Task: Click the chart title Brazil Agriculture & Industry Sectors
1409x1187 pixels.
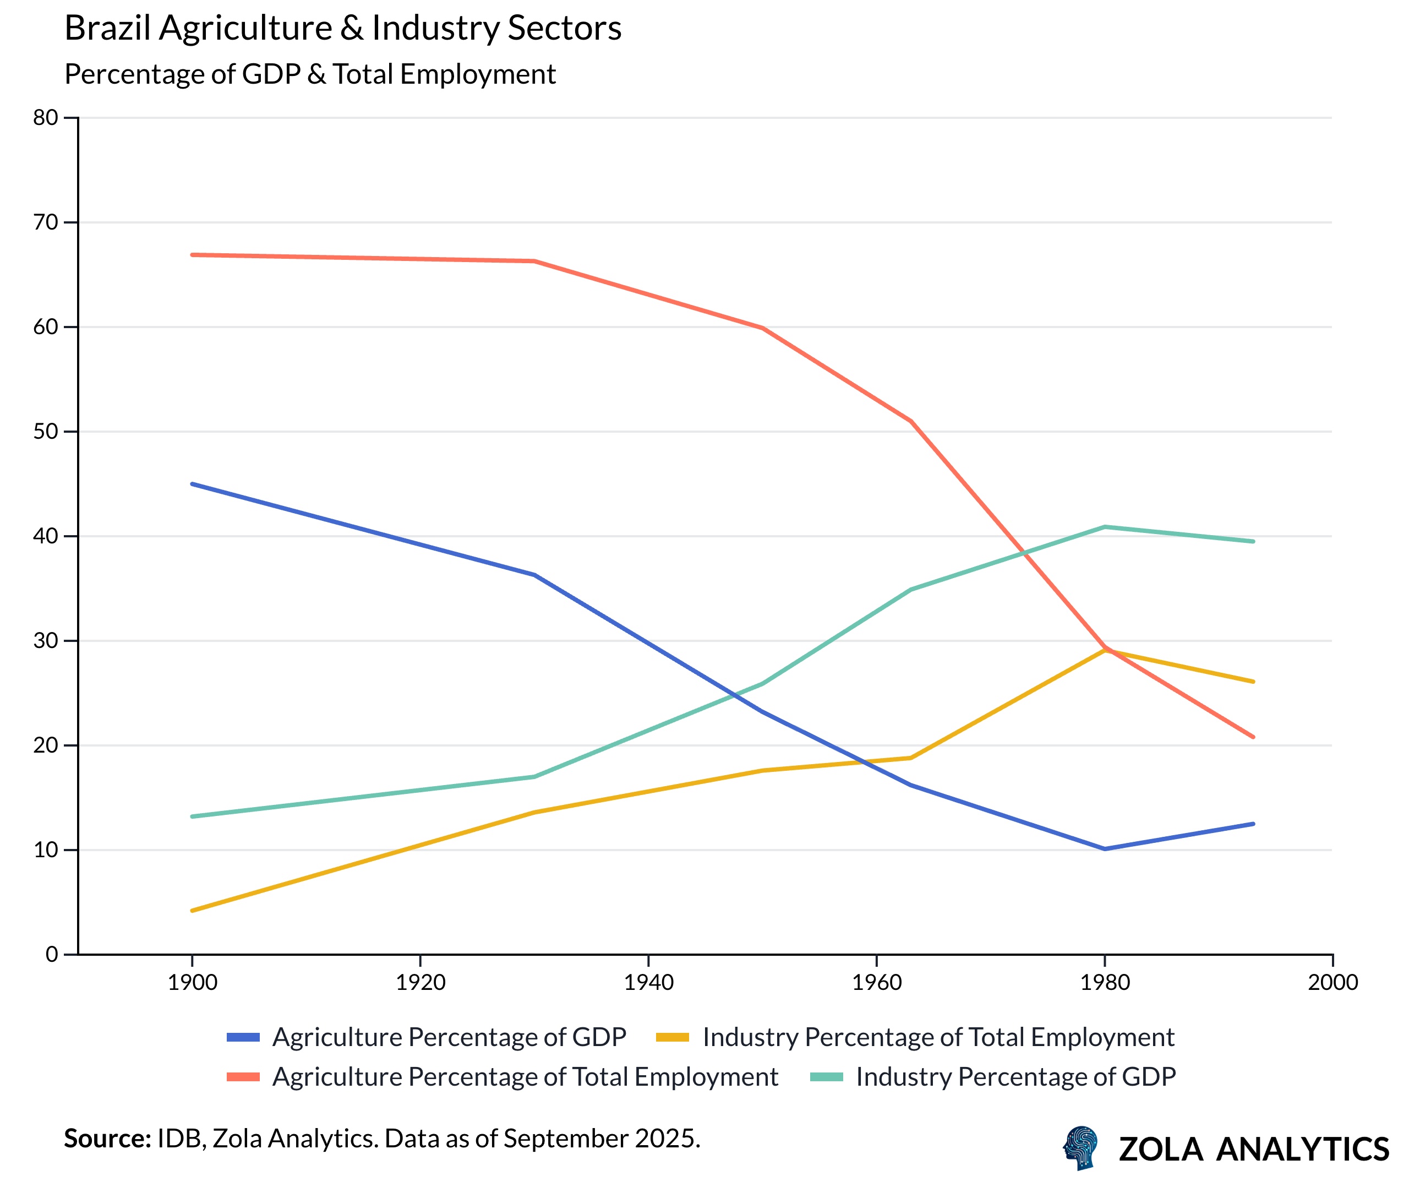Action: pyautogui.click(x=342, y=28)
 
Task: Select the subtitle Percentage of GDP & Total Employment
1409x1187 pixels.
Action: pyautogui.click(x=309, y=74)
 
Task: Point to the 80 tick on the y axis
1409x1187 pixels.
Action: pyautogui.click(x=46, y=118)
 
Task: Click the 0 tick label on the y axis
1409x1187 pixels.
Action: pyautogui.click(x=52, y=954)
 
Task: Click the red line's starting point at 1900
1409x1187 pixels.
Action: pyautogui.click(x=192, y=255)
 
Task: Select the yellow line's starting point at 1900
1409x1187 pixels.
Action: pyautogui.click(x=192, y=911)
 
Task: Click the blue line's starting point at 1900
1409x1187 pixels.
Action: pyautogui.click(x=192, y=484)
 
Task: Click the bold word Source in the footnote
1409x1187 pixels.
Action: pyautogui.click(x=107, y=1139)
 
